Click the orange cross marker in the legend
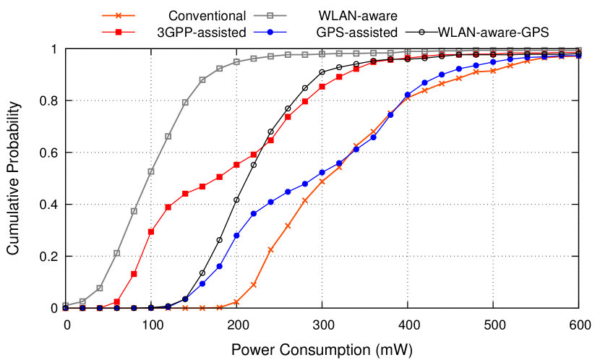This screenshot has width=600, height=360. click(x=119, y=15)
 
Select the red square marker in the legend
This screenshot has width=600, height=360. click(x=119, y=32)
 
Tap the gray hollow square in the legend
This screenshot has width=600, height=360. click(x=270, y=15)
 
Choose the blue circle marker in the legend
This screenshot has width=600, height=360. click(x=270, y=32)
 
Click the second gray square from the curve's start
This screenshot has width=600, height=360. click(x=82, y=301)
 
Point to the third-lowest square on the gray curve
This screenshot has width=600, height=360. click(x=100, y=288)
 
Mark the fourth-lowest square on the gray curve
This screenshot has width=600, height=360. click(x=116, y=252)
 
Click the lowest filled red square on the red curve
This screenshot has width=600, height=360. click(x=116, y=302)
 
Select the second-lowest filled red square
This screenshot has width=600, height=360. click(x=134, y=274)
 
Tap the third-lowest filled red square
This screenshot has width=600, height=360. click(x=150, y=232)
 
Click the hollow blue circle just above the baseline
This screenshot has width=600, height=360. click(x=185, y=299)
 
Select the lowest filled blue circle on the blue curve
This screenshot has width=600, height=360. click(x=202, y=284)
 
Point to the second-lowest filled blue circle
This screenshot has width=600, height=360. click(x=219, y=266)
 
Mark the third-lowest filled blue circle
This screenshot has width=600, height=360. click(x=236, y=235)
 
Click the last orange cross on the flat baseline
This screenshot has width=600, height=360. click(x=219, y=307)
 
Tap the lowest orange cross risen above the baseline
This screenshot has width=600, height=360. click(x=236, y=301)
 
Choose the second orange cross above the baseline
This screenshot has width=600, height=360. click(x=254, y=285)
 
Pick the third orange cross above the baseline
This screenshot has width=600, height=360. click(x=270, y=249)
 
